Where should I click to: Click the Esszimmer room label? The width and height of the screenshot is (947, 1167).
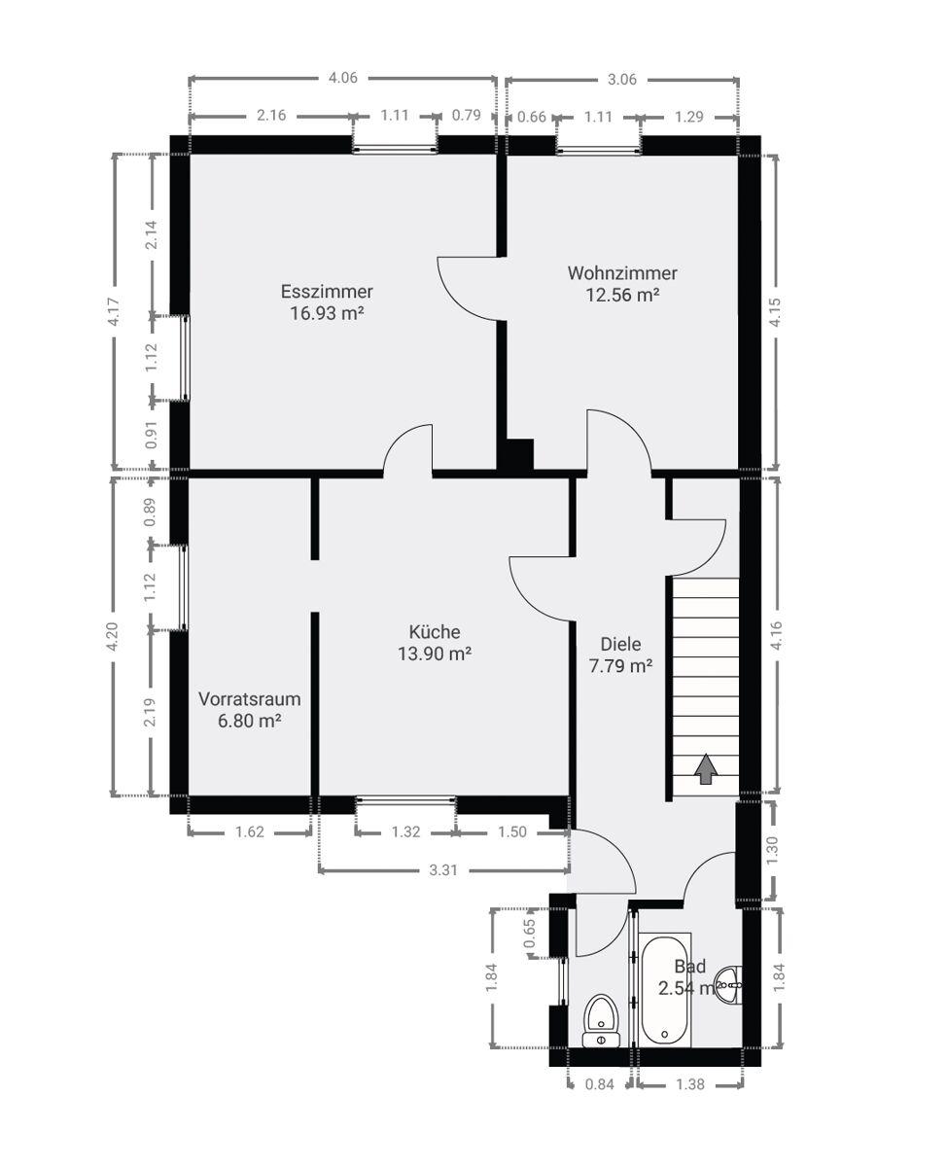click(327, 291)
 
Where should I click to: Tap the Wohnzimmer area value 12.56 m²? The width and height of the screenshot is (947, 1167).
click(622, 296)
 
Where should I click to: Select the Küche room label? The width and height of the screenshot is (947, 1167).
click(435, 632)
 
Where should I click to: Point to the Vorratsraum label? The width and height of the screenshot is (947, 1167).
click(249, 698)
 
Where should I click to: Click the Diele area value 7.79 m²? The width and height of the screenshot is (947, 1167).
click(620, 666)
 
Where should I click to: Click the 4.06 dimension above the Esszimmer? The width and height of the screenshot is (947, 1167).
click(343, 78)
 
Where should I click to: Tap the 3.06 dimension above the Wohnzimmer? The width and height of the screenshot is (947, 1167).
click(621, 80)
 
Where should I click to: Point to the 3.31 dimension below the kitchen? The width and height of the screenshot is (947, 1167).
click(442, 869)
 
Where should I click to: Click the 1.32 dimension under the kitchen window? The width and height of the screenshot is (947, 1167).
click(405, 831)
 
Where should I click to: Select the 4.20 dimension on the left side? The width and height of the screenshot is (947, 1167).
click(113, 637)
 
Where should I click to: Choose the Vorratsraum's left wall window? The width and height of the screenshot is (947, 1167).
click(184, 587)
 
